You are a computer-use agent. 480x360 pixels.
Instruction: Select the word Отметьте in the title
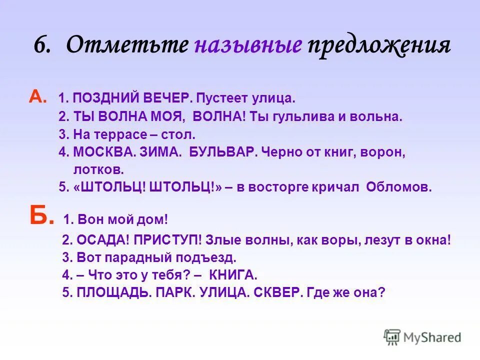(x=127, y=45)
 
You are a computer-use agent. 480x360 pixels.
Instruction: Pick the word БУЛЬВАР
(x=222, y=152)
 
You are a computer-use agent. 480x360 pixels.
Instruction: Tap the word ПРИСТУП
(x=169, y=240)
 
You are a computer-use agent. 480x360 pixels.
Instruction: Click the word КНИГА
(x=233, y=274)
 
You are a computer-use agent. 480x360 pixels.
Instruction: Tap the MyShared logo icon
(x=392, y=337)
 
